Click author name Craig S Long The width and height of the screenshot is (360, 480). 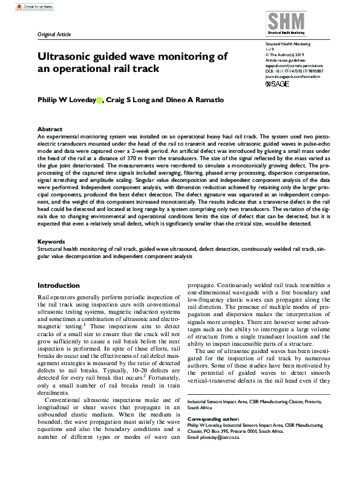pyautogui.click(x=140, y=99)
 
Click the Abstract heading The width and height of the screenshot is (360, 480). pyautogui.click(x=50, y=129)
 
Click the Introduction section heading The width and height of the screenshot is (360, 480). pyautogui.click(x=59, y=285)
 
